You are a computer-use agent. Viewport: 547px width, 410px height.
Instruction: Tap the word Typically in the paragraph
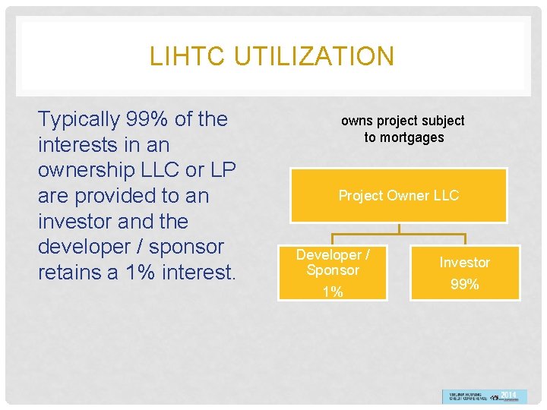pos(79,119)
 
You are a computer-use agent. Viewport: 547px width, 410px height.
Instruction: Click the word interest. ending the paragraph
pos(198,273)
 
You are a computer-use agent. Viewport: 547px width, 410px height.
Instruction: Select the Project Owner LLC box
pos(399,196)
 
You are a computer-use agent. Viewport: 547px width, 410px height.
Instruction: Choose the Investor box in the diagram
pos(464,273)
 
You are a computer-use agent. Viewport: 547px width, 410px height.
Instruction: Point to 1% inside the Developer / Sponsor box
pos(333,292)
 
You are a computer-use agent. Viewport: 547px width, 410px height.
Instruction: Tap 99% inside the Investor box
pos(464,285)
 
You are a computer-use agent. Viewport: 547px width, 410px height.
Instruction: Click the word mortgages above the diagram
pos(414,137)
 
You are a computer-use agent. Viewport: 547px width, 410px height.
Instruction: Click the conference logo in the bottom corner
pos(484,396)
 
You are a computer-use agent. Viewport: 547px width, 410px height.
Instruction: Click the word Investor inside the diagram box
pos(464,263)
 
